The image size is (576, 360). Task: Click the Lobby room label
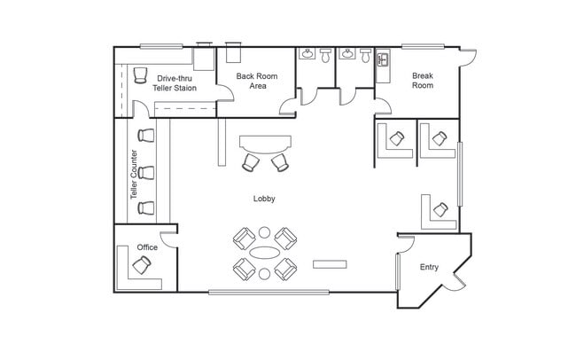[x=264, y=199]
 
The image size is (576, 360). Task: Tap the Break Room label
[x=423, y=81]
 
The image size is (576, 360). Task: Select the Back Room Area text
[x=257, y=81]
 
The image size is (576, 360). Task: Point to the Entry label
[x=429, y=267]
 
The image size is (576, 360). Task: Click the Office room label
[x=147, y=247]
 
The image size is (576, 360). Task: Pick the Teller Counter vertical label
[x=134, y=175]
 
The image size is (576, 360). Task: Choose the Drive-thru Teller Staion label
[x=175, y=83]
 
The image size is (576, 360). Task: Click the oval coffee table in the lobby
[x=264, y=253]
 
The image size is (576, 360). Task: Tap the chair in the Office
[x=142, y=265]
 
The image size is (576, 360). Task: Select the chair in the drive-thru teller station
[x=140, y=75]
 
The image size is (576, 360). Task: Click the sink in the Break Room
[x=383, y=59]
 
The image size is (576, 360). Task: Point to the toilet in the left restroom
[x=325, y=56]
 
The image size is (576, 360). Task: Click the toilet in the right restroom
[x=365, y=56]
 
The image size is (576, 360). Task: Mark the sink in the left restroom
[x=307, y=54]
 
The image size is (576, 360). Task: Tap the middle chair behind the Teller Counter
[x=146, y=172]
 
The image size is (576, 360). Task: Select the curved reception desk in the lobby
[x=265, y=145]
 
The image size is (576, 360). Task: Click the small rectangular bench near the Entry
[x=330, y=264]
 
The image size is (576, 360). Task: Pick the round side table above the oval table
[x=264, y=232]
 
